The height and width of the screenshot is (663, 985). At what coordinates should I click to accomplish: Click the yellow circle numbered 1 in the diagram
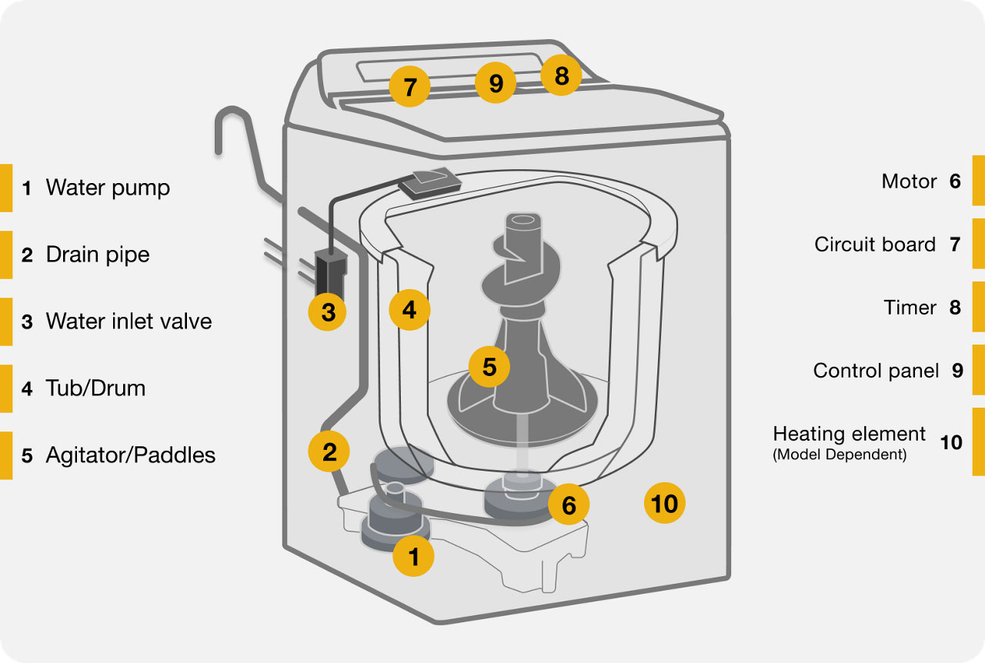tap(414, 555)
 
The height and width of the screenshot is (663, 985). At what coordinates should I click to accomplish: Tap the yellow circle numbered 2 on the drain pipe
tap(329, 451)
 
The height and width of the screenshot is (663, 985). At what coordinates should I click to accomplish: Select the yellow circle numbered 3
tap(329, 312)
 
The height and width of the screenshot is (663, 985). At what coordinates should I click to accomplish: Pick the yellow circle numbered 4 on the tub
tap(409, 309)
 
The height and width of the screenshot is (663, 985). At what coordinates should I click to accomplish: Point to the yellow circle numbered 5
tap(489, 367)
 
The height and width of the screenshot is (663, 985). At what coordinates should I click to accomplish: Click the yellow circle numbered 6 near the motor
tap(569, 505)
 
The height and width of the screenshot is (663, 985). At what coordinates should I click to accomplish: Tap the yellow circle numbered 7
tap(410, 86)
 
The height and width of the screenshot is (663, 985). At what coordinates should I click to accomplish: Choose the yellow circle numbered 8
tap(561, 75)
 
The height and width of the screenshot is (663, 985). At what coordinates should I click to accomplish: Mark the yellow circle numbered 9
tap(496, 82)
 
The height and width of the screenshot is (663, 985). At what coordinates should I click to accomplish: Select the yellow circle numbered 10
tap(664, 503)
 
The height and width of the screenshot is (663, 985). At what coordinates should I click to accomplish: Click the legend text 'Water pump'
tap(108, 188)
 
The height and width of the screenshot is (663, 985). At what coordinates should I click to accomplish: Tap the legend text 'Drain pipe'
tap(98, 255)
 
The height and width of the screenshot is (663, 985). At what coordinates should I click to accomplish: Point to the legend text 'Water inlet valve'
tap(129, 321)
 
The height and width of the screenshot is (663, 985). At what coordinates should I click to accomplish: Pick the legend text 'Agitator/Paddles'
tap(130, 455)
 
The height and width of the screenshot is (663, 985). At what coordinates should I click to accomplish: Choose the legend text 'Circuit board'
tap(875, 245)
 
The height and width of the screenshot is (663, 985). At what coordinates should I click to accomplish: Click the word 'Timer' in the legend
tap(910, 308)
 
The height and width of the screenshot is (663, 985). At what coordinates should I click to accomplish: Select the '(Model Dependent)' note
tap(840, 455)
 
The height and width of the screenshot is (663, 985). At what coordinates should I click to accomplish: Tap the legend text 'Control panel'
tap(876, 371)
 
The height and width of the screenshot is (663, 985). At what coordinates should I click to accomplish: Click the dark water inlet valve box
tap(330, 274)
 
